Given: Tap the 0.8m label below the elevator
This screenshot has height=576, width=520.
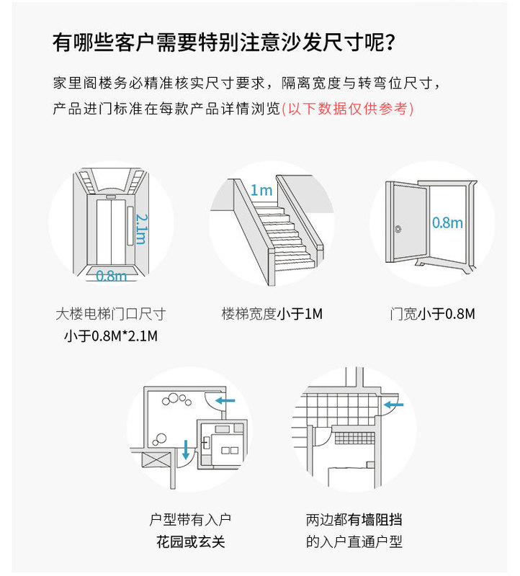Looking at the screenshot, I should pyautogui.click(x=111, y=275).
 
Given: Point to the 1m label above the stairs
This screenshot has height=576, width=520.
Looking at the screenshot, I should pyautogui.click(x=261, y=190).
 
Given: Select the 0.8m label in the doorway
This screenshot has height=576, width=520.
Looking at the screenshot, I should pyautogui.click(x=447, y=222).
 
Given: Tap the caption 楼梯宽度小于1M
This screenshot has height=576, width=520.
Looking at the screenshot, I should pyautogui.click(x=272, y=314).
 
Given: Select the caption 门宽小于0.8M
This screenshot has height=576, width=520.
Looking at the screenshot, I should pyautogui.click(x=432, y=314).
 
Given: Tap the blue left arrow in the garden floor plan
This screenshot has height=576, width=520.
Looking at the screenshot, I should pyautogui.click(x=225, y=399).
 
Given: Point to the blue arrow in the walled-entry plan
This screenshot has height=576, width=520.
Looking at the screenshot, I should pyautogui.click(x=394, y=405).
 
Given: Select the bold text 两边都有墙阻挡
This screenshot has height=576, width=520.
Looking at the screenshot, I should pyautogui.click(x=354, y=519).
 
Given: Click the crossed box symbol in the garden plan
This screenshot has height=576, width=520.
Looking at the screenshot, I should pyautogui.click(x=156, y=462).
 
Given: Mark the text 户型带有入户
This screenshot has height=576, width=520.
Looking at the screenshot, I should pyautogui.click(x=191, y=519).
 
